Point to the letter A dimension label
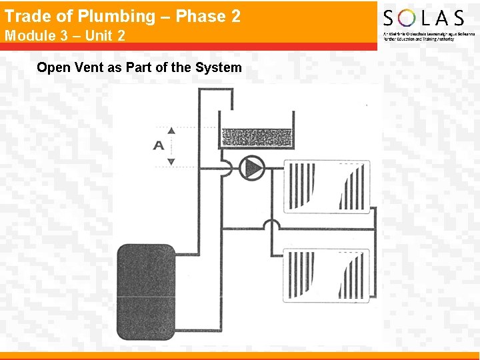[x=159, y=145]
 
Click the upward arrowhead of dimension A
[x=171, y=131]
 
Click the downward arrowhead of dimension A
[x=171, y=161]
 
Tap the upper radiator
[x=327, y=186]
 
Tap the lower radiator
[x=327, y=275]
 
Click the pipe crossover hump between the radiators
[x=271, y=226]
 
